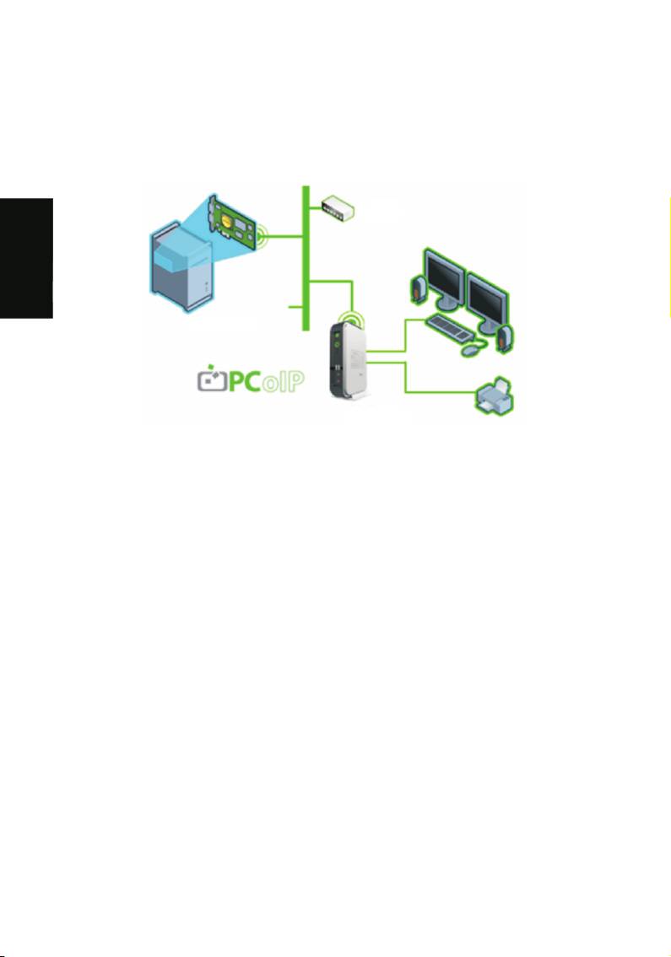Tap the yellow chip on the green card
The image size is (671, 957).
tap(227, 223)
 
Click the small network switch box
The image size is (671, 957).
tap(338, 207)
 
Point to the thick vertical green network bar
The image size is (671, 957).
tap(306, 258)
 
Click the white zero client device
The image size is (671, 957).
tap(349, 360)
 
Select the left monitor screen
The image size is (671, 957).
tap(444, 275)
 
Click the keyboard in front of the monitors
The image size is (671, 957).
tap(451, 329)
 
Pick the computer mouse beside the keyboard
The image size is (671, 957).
tap(471, 350)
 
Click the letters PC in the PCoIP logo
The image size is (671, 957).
tap(246, 381)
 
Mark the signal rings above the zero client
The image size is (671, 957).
tap(351, 318)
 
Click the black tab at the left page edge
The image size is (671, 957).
tap(26, 258)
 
